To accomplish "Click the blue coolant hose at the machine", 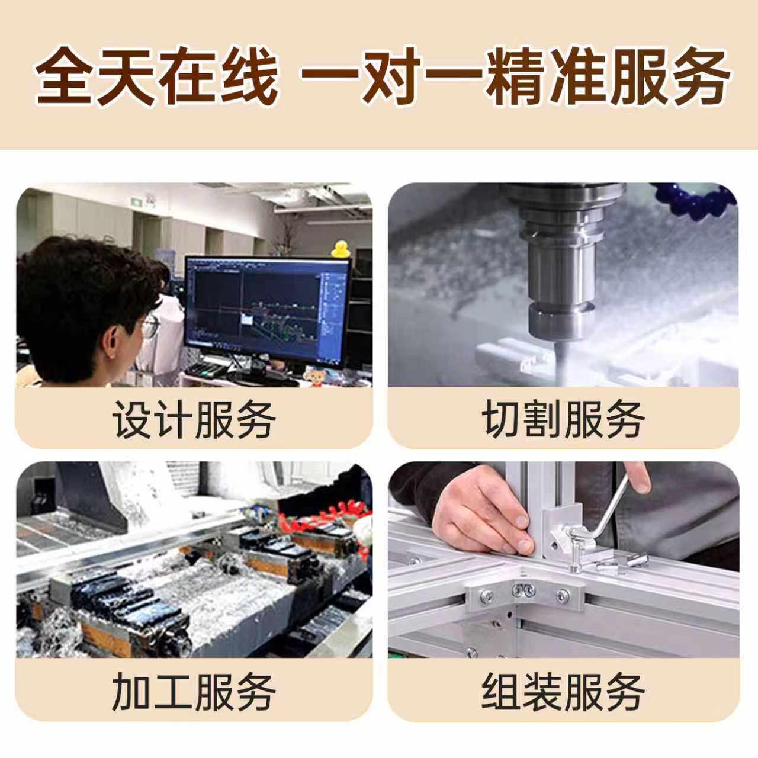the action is point(696,201).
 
